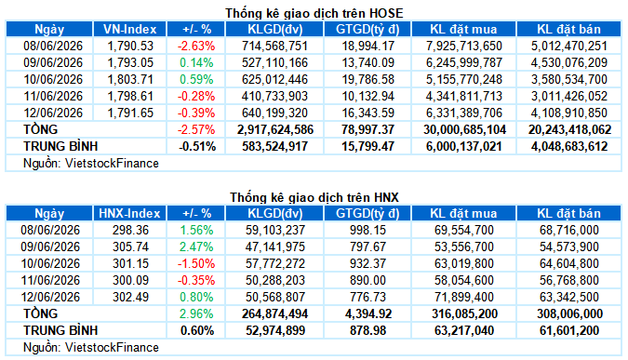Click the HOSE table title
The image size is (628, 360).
coord(314,13)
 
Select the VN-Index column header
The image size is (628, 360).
coord(129,29)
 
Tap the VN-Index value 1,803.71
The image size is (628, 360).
coord(130,79)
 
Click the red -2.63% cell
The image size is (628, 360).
coord(196,47)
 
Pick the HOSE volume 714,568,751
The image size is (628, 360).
coord(274,47)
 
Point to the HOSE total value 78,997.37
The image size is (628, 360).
coord(367,129)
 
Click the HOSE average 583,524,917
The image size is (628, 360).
coord(274,147)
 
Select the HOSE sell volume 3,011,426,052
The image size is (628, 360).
coord(569,96)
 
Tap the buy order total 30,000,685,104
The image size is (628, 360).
coord(464,129)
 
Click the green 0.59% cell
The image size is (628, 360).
coord(196,79)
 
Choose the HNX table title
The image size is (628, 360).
coord(314,197)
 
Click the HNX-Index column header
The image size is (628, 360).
coord(129,213)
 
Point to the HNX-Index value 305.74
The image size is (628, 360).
coord(130,247)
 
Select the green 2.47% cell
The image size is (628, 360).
coord(196,247)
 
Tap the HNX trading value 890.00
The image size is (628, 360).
coord(367,280)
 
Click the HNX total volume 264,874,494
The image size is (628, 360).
coord(274,313)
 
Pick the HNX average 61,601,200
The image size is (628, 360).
coord(569,331)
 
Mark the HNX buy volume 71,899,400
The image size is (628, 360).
coord(464,297)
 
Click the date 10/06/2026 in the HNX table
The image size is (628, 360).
coord(50,263)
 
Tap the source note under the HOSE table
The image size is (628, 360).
coord(91,164)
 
